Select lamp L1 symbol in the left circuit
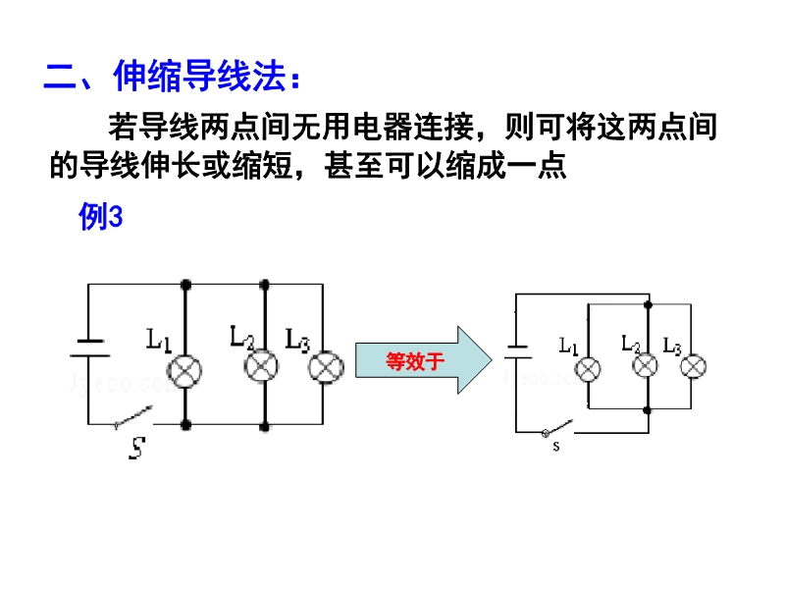pos(185,368)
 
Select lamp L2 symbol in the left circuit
pos(261,366)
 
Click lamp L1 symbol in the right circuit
pos(587,368)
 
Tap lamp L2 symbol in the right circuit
pos(645,366)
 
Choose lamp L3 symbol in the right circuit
pos(693,367)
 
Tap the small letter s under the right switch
pos(555,448)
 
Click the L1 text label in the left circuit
pos(160,341)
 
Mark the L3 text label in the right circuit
pos(673,345)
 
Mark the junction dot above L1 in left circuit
pos(185,285)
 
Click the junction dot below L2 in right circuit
pos(645,409)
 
